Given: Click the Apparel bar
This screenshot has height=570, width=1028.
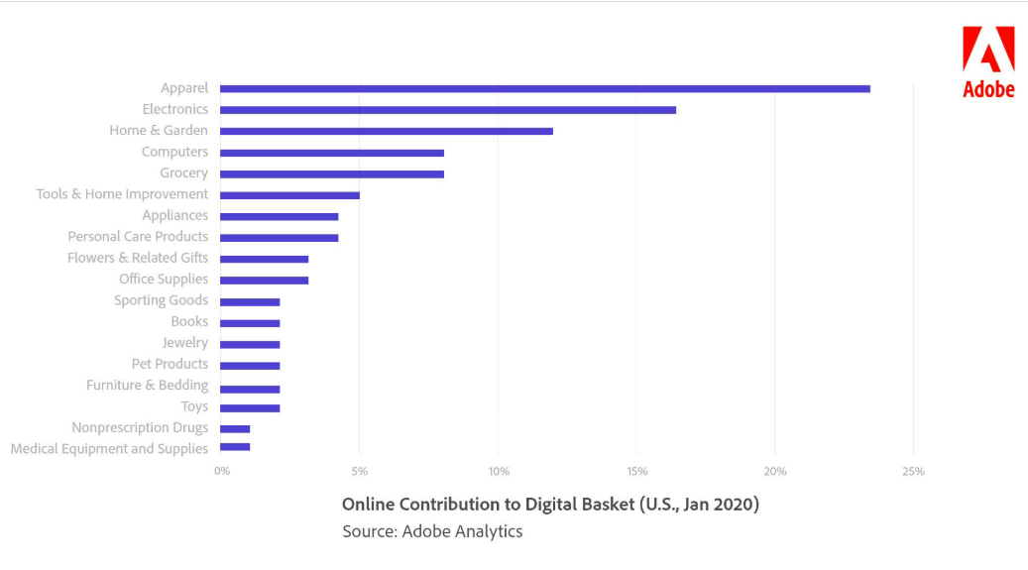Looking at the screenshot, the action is point(545,88).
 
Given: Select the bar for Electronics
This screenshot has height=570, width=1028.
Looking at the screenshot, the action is point(448,110).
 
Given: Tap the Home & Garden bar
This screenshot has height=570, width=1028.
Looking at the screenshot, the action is point(387,131).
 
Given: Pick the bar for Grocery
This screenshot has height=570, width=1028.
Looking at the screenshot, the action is point(332,173).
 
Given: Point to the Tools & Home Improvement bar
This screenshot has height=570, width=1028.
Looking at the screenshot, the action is point(289,195).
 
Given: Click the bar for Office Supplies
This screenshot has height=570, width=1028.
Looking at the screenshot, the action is point(265,281).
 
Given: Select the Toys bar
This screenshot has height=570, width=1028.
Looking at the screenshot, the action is point(250,408).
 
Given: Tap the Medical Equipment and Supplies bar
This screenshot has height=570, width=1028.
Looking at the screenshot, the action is point(235,447).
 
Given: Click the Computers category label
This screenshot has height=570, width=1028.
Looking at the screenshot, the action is point(174,152).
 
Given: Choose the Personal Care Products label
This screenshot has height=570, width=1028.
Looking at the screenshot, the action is point(138,236).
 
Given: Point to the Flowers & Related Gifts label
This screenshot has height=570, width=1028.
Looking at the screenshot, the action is point(138,258).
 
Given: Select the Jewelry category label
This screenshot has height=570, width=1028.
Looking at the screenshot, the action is point(185,343).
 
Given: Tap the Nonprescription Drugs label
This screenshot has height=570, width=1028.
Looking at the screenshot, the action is point(140,427).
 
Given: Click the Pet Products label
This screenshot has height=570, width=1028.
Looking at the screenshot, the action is point(170,364).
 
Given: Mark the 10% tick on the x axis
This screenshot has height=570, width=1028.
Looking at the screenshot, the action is point(499,471).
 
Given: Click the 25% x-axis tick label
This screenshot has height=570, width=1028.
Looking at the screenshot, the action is point(913,471).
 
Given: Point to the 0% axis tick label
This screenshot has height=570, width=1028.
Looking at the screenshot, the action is point(222,471).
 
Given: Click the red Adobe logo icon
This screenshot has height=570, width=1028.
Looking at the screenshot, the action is point(988,50).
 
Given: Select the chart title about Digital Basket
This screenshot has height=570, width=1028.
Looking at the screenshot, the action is point(551,504).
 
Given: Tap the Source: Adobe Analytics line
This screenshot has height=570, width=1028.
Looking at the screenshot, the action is point(432,531).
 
